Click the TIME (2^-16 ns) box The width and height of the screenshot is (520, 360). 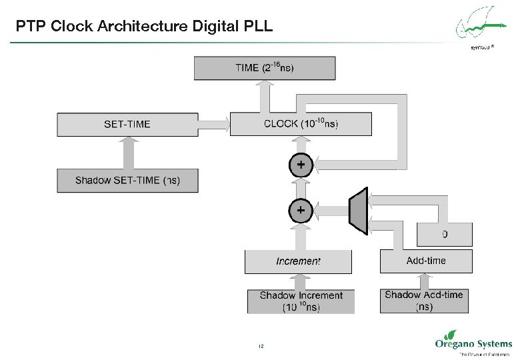click(x=265, y=67)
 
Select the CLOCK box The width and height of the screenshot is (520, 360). click(x=301, y=124)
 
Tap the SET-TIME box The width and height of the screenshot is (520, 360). click(x=127, y=124)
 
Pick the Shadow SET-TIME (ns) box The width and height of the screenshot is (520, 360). click(x=127, y=181)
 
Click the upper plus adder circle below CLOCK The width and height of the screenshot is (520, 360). click(x=301, y=164)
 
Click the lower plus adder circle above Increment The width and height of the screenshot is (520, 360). click(x=301, y=210)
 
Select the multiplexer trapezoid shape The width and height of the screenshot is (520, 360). click(x=359, y=211)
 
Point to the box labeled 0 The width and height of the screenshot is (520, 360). click(x=445, y=234)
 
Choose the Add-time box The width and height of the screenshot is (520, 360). click(x=426, y=261)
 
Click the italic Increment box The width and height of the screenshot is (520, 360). click(x=298, y=261)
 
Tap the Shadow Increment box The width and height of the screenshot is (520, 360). click(x=301, y=301)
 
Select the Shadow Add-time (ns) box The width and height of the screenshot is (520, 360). click(x=424, y=301)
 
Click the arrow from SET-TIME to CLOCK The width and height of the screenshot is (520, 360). click(x=213, y=124)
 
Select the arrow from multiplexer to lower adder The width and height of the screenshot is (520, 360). click(x=331, y=211)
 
